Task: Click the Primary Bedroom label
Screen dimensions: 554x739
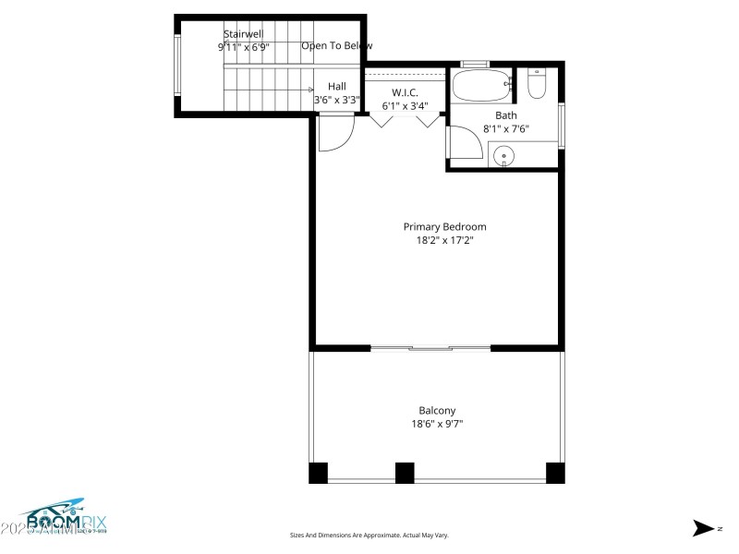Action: [444, 226]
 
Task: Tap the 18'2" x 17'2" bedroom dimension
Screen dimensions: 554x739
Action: [444, 240]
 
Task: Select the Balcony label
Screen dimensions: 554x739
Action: [437, 411]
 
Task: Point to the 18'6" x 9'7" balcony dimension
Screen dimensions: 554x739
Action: [437, 425]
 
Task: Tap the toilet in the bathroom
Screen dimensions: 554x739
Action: [537, 85]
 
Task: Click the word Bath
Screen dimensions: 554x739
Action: [505, 115]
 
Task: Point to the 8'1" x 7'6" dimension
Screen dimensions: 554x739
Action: [505, 129]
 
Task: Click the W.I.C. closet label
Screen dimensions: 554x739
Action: [405, 92]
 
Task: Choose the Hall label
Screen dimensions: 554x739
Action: [337, 86]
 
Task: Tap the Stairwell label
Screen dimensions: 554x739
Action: [243, 34]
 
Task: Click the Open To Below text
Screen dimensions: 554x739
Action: [336, 45]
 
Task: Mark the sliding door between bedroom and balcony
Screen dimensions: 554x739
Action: [430, 348]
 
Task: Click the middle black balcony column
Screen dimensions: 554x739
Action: [405, 473]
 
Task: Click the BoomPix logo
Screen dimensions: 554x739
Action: [55, 520]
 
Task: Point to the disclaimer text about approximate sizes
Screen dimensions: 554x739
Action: [369, 535]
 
